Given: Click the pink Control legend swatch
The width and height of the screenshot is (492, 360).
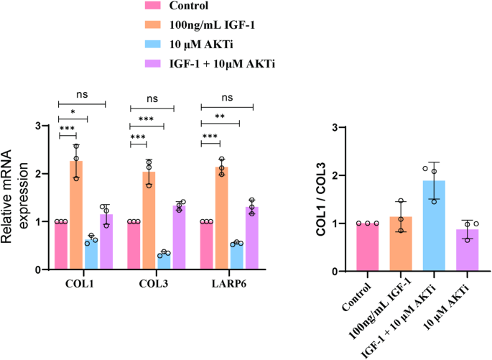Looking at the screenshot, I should [153, 6].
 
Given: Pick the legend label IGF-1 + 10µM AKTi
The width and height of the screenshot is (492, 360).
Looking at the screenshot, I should [223, 64].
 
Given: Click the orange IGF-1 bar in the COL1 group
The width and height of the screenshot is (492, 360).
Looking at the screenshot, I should [76, 216].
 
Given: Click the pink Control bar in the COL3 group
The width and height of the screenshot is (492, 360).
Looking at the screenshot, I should [134, 245].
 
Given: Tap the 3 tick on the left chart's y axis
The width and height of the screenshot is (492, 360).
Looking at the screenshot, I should [40, 126].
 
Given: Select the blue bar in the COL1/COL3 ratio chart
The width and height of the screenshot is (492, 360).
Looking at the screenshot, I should [434, 226].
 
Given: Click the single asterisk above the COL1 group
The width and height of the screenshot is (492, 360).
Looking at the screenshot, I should [73, 114].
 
